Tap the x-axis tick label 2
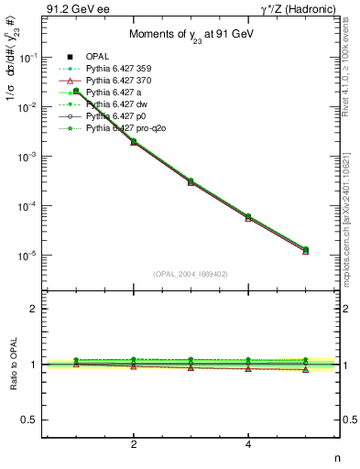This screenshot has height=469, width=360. click(134, 445)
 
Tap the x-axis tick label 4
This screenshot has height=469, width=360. click(249, 445)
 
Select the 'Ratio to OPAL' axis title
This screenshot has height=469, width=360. click(12, 366)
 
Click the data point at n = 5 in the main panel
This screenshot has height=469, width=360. click(306, 249)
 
